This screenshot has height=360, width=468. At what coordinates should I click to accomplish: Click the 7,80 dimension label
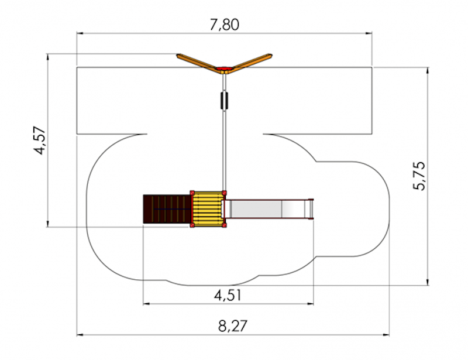click(225, 25)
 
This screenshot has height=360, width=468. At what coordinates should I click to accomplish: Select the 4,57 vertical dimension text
click(40, 140)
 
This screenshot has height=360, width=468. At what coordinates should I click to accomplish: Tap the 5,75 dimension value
click(418, 176)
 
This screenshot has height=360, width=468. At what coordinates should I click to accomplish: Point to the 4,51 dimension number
click(228, 296)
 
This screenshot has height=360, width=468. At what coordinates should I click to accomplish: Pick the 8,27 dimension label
click(233, 326)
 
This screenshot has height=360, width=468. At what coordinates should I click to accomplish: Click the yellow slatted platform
click(208, 208)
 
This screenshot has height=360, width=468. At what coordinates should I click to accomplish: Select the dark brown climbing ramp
click(167, 209)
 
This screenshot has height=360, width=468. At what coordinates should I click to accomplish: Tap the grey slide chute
click(268, 209)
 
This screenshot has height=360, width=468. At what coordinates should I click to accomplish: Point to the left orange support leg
click(198, 61)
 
